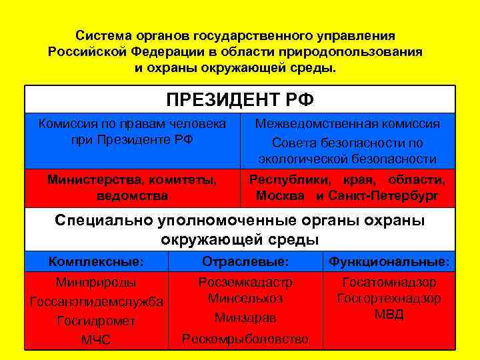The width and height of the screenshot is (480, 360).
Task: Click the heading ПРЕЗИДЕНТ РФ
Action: pos(240,100)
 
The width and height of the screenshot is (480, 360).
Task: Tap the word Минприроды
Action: pos(96,283)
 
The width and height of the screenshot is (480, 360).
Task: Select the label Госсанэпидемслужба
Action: pos(97,302)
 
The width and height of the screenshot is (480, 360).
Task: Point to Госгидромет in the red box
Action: pos(96,321)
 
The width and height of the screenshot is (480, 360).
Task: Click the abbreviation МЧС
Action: pos(96,340)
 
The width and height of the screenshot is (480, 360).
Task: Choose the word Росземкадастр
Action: pos(245,282)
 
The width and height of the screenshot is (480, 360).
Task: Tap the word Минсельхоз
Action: pos(245,298)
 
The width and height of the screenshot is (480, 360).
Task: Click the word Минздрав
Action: pos(245,318)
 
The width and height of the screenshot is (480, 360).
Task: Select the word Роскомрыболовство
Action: pos(245,339)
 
